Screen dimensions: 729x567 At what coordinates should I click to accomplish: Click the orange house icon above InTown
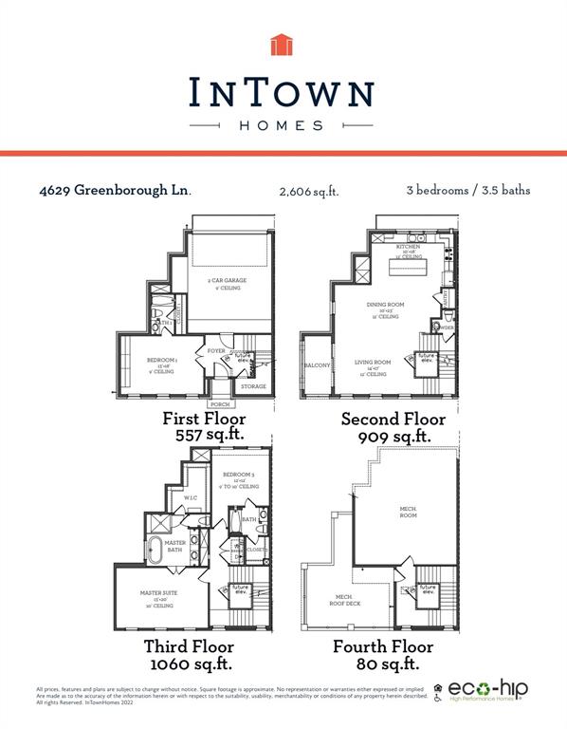point(283,46)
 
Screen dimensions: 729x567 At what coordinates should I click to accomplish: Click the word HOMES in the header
point(283,125)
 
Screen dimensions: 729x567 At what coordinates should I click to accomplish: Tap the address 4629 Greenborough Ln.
point(115,190)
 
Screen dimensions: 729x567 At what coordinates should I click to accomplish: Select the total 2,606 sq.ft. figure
point(309,192)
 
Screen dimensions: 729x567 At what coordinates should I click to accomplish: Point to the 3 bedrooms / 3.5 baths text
point(467,190)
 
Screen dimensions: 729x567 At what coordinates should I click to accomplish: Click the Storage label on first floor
point(253,386)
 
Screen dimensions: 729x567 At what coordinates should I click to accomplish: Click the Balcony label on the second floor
point(317,365)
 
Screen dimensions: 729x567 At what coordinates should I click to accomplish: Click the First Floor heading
point(204,419)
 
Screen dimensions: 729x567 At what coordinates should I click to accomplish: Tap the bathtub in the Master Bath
point(155,548)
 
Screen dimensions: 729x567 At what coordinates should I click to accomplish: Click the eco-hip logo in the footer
point(487,690)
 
